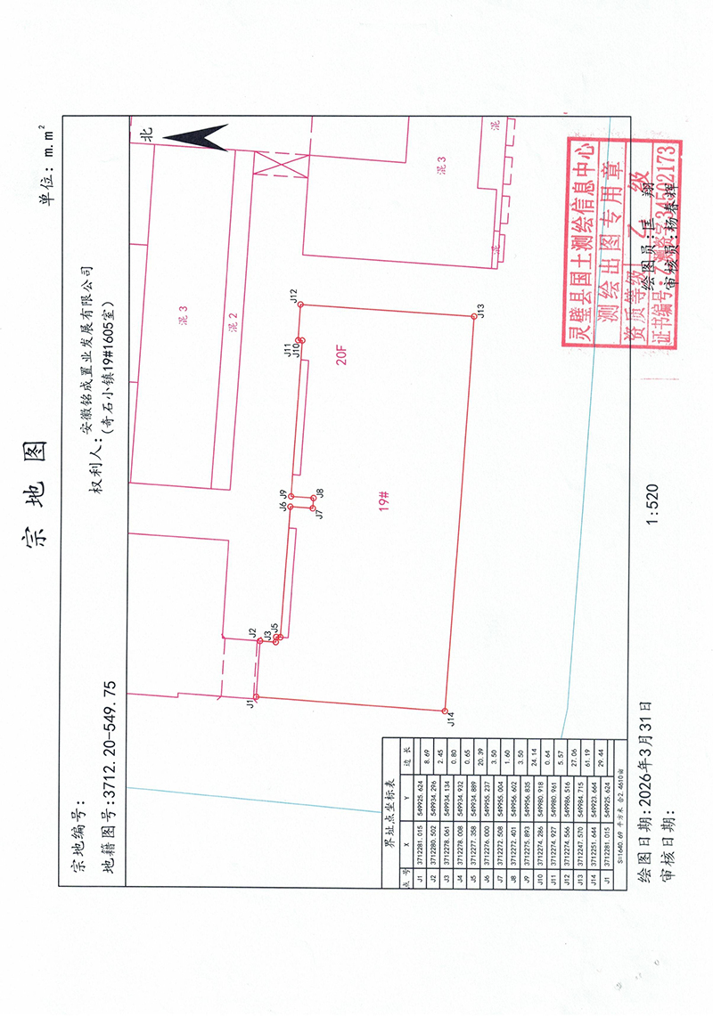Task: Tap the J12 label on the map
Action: (292, 295)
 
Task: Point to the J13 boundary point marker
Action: (473, 316)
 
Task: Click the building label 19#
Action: (385, 502)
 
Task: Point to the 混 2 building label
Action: (233, 321)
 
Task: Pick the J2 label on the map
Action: (252, 631)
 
